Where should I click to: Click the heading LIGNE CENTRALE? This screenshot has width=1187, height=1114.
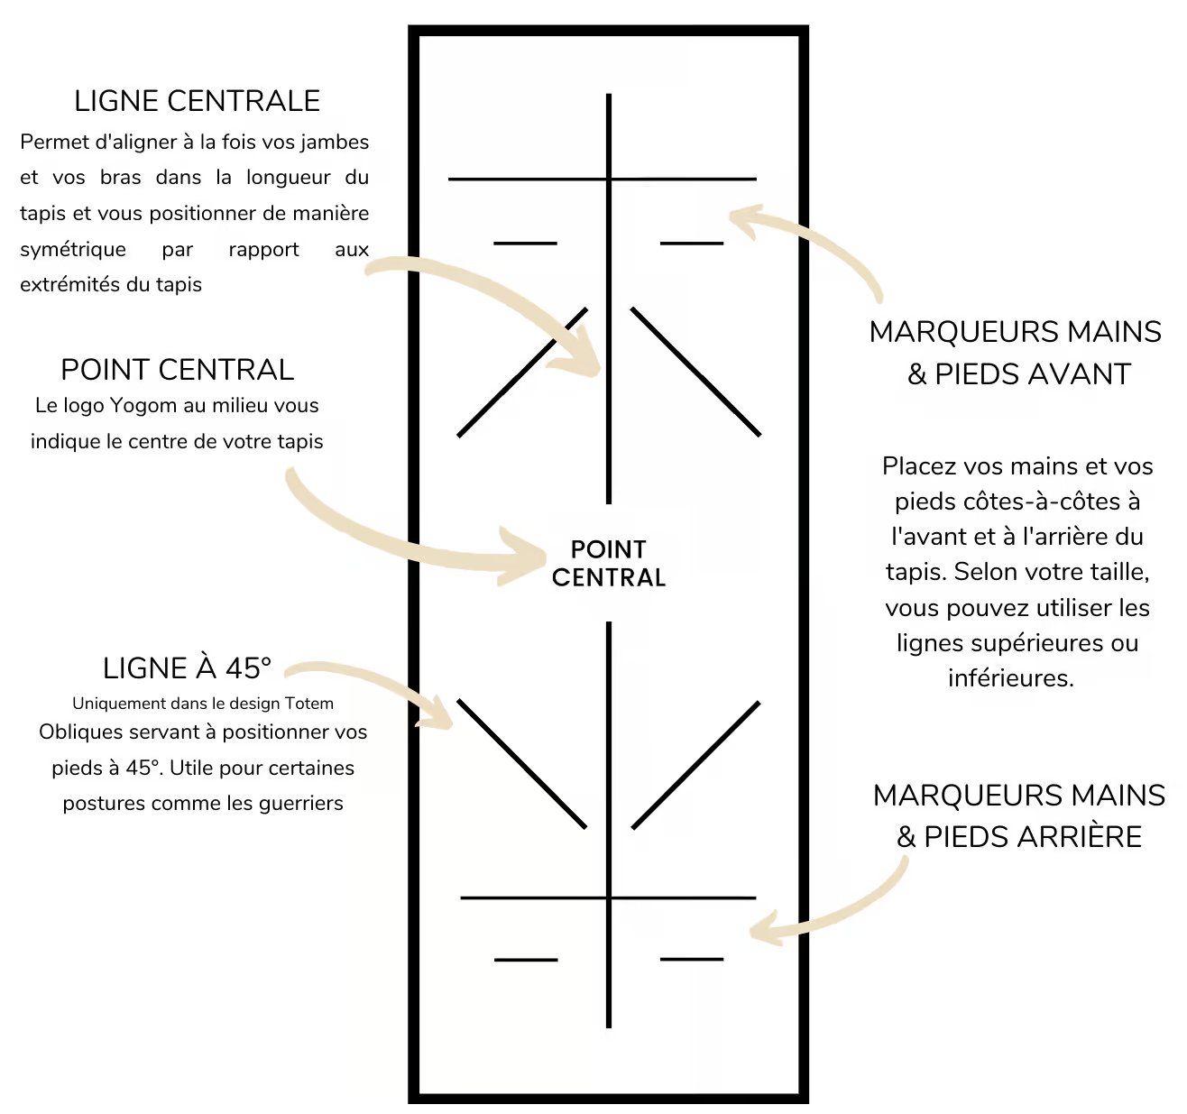[198, 101]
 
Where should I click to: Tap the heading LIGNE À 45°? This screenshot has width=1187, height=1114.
[187, 668]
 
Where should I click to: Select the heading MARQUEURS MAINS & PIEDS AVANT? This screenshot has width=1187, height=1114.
[1016, 353]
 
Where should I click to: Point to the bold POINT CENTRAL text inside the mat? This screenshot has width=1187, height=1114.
[609, 563]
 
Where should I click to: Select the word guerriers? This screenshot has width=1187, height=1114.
[300, 803]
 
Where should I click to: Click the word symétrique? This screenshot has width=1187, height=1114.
[73, 250]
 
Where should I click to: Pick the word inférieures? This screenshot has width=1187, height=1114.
[1011, 678]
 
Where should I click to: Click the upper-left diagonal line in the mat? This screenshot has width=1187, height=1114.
[522, 372]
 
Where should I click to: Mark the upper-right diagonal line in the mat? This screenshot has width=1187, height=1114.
[695, 372]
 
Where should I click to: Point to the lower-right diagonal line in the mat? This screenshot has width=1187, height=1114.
[695, 765]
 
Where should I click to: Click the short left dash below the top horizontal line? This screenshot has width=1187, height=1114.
[525, 244]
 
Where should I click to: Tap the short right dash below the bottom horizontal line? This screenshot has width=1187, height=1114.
[692, 959]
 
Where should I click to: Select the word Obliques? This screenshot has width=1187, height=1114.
[75, 732]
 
